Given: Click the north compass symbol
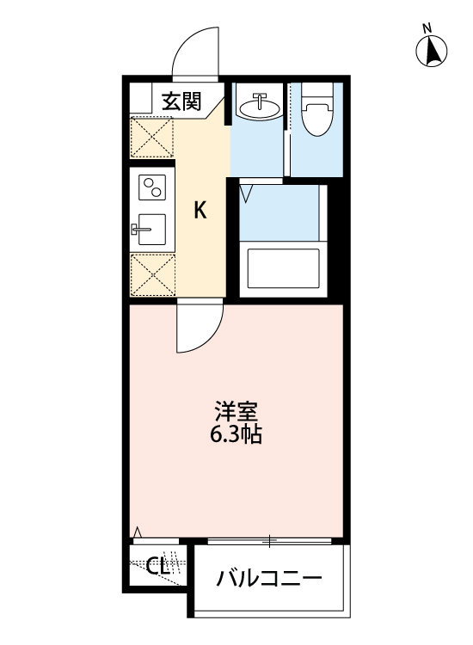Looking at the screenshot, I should tap(433, 52).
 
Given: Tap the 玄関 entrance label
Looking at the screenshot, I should tap(181, 101).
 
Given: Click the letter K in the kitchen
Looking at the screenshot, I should tap(200, 210).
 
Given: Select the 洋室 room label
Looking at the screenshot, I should tap(236, 411).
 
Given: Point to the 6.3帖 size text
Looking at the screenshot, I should tap(236, 434).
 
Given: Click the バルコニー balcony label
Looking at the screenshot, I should tap(268, 577).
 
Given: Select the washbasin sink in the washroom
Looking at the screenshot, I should tap(257, 107).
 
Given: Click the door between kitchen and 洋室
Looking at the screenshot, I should tap(197, 332).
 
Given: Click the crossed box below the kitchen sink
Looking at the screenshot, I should tap(151, 275).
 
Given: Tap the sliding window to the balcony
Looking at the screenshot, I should tap(269, 542).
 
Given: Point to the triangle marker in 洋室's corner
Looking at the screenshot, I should tap(137, 531).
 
